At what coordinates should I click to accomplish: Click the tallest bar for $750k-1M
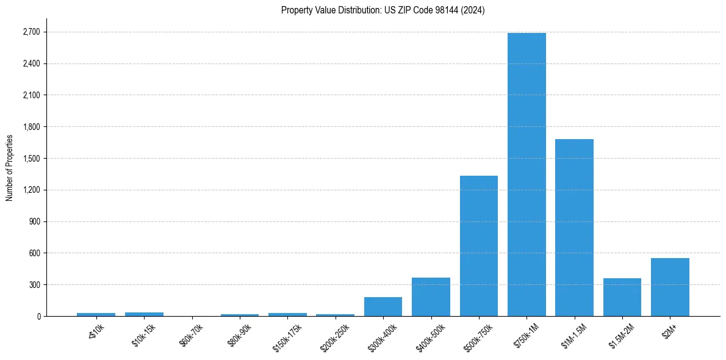pyautogui.click(x=527, y=175)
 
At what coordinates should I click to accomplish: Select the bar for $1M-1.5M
pyautogui.click(x=574, y=228)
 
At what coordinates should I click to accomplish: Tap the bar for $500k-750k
pyautogui.click(x=479, y=246)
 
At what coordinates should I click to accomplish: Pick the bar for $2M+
pyautogui.click(x=670, y=287)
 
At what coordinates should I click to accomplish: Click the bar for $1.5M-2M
pyautogui.click(x=622, y=297)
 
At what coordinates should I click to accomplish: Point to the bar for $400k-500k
pyautogui.click(x=431, y=297)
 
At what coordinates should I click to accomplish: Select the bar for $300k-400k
pyautogui.click(x=383, y=306)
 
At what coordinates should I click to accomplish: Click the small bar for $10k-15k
pyautogui.click(x=144, y=314)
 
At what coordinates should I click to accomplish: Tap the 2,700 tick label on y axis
pyautogui.click(x=32, y=32)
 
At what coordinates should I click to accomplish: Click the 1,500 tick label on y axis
pyautogui.click(x=32, y=159)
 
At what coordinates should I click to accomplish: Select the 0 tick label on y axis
pyautogui.click(x=38, y=317)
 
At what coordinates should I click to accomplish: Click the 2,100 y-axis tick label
pyautogui.click(x=32, y=95)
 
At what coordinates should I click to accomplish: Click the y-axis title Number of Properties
pyautogui.click(x=9, y=167)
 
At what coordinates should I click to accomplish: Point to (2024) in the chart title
pyautogui.click(x=473, y=10)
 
